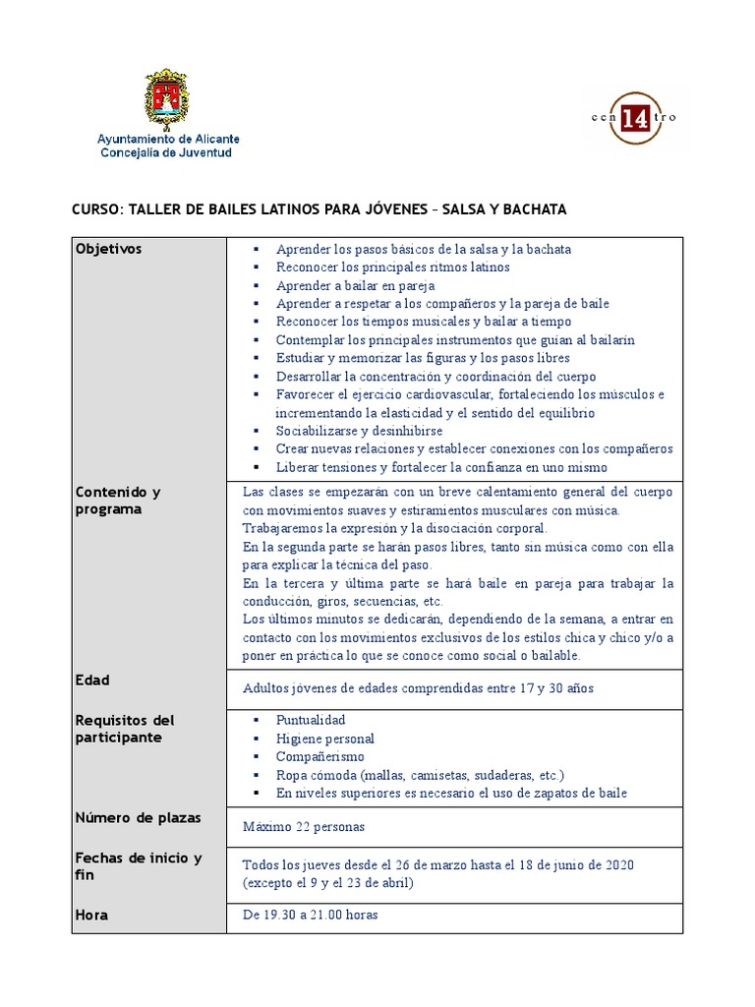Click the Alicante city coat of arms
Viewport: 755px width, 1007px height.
[167, 99]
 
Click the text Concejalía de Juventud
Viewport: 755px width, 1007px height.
[166, 153]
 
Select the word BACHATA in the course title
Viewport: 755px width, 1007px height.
[528, 209]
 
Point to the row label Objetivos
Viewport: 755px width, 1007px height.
[108, 249]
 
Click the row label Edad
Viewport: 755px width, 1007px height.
[92, 680]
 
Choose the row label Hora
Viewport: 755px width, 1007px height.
[91, 915]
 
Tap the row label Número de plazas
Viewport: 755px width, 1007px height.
[138, 817]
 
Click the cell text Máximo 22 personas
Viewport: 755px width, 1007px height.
[304, 827]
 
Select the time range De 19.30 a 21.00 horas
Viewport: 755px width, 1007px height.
[310, 915]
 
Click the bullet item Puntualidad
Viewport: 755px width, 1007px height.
[311, 720]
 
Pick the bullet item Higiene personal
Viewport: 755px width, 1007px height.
[324, 739]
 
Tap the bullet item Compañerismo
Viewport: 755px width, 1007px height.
[319, 756]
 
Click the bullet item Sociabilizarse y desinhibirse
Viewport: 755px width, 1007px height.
[359, 431]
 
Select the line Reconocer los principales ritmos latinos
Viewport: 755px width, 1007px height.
[392, 267]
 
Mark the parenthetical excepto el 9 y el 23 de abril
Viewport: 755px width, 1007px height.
[328, 883]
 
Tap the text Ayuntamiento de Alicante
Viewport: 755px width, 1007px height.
[167, 140]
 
